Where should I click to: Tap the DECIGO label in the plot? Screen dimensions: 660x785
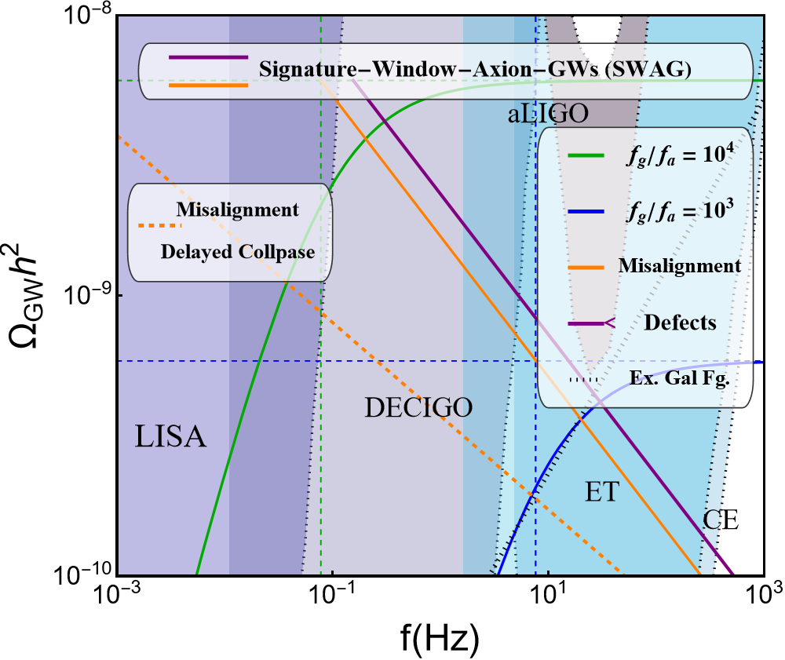pos(419,407)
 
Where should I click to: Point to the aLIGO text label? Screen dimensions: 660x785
pos(547,114)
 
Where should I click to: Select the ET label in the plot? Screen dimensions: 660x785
pos(602,492)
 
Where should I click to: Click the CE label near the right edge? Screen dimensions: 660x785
pos(721,520)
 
